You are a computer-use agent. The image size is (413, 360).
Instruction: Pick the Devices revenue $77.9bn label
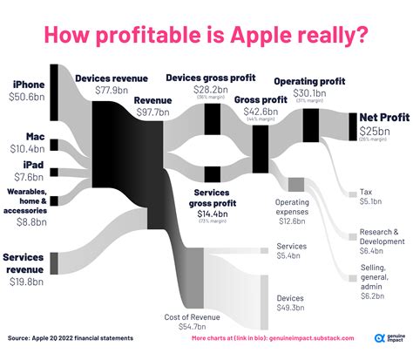pyautogui.click(x=109, y=85)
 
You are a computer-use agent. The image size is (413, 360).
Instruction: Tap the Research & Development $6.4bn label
pyautogui.click(x=378, y=241)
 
